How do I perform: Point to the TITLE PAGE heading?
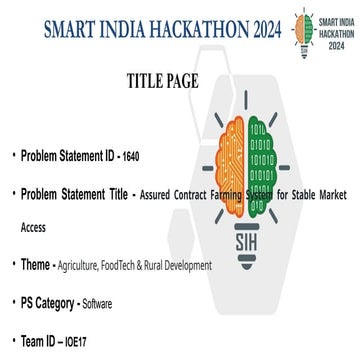point(167,80)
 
